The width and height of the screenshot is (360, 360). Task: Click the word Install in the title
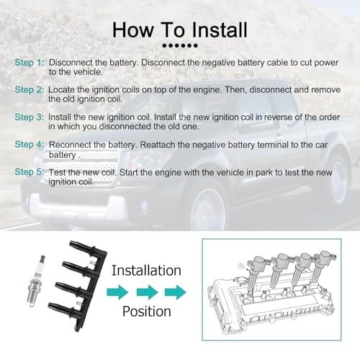point(220,30)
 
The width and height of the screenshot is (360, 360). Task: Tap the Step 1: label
point(30,63)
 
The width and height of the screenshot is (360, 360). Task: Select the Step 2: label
point(30,90)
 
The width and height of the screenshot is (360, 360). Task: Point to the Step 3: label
point(30,117)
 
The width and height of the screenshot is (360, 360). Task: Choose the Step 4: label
point(30,145)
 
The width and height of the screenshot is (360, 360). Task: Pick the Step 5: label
point(30,172)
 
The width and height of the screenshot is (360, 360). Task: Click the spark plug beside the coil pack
point(36,282)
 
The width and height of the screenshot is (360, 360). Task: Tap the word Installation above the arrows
point(146,271)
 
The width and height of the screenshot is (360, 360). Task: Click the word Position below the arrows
point(147,311)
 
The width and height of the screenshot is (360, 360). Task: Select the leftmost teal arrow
point(117,292)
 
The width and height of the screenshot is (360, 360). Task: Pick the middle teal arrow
point(147,292)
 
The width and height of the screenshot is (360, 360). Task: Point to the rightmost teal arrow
point(176,292)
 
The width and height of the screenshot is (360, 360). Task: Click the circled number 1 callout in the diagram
point(241,266)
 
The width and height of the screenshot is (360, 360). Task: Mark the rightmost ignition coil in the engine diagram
point(322,266)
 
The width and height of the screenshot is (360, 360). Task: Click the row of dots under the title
point(180,45)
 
